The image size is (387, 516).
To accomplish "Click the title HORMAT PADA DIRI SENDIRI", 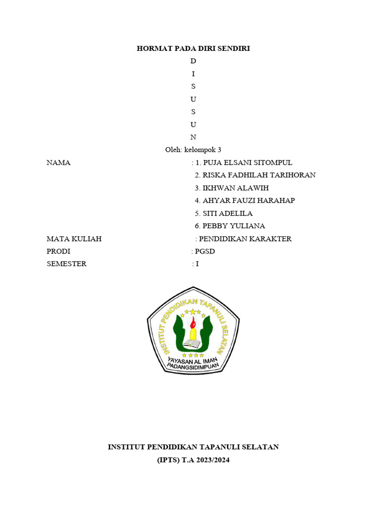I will (193, 48).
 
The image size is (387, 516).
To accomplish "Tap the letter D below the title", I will (193, 61).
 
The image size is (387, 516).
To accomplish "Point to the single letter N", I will (193, 137).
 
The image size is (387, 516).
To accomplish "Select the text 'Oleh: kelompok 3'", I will (193, 150).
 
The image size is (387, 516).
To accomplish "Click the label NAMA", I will (58, 163).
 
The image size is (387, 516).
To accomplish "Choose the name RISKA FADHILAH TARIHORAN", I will (259, 175).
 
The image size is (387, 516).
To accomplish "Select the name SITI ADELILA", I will (227, 213).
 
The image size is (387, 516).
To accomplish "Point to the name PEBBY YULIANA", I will (233, 226).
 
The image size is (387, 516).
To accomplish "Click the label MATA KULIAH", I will (74, 239).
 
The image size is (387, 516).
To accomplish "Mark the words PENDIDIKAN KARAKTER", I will (245, 239).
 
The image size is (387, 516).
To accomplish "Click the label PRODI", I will (58, 251).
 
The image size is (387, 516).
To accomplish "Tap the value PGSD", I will (204, 251).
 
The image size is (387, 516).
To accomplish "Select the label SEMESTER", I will (67, 264).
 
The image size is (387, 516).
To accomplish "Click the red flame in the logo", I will (192, 322).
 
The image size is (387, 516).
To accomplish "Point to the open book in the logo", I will (192, 344).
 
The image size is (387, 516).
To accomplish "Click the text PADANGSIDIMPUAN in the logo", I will (193, 366).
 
